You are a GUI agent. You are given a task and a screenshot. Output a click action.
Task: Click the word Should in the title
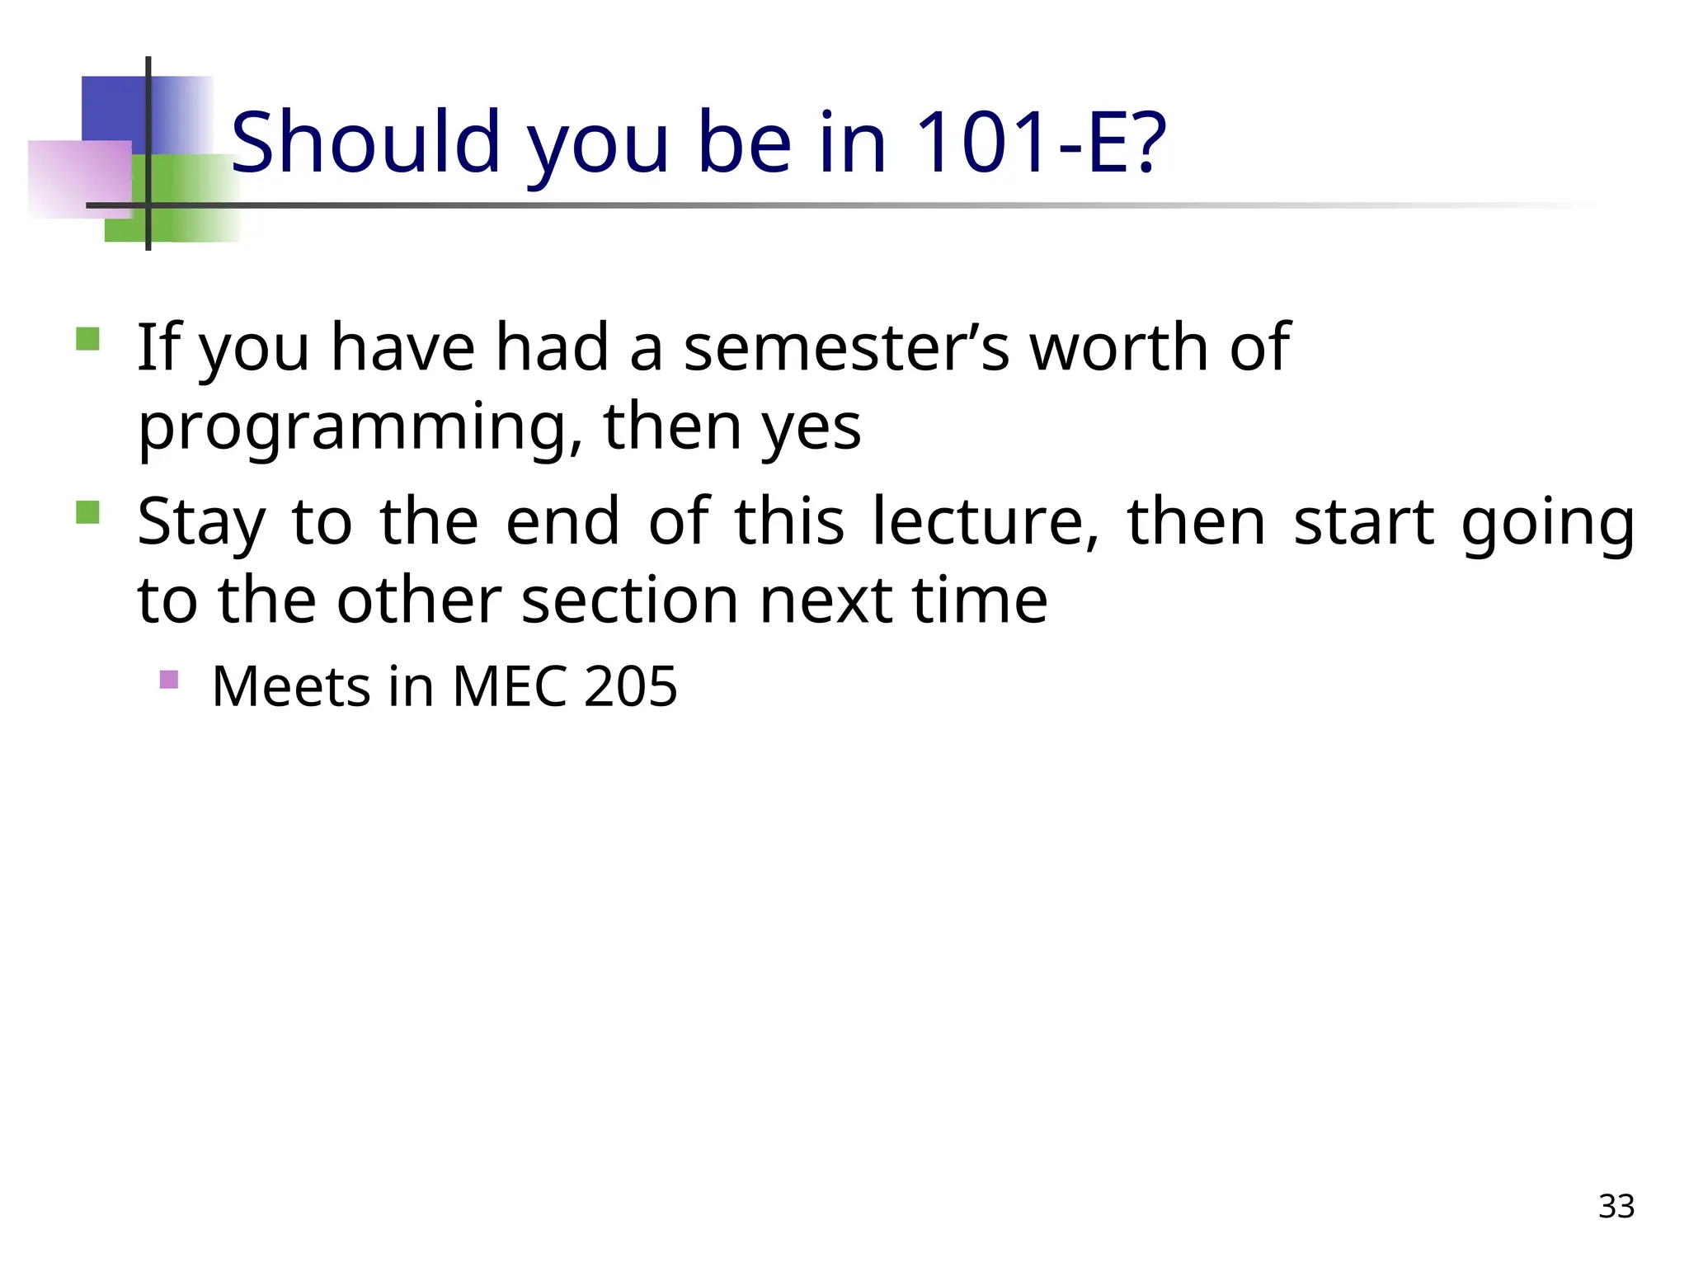point(365,143)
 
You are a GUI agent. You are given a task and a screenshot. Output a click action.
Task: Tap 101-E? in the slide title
point(1041,143)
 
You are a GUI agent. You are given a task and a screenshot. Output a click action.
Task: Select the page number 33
point(1616,1206)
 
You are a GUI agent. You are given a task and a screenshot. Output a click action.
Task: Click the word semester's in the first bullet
point(846,347)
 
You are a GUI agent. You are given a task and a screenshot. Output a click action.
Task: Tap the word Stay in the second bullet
point(201,523)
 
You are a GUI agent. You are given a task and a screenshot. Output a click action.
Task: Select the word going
point(1547,523)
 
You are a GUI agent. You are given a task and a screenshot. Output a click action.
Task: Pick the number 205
point(630,686)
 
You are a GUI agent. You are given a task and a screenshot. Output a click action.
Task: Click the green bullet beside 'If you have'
point(87,339)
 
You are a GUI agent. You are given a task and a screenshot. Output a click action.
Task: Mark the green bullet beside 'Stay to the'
point(87,513)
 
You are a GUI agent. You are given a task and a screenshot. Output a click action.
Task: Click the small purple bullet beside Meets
point(168,680)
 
